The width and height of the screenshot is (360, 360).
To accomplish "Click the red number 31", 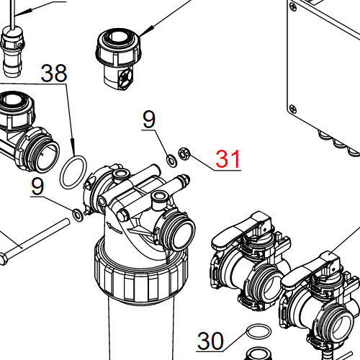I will tap(228, 159).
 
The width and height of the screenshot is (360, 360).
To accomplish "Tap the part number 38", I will tap(53, 73).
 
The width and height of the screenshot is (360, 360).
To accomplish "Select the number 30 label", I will tap(211, 340).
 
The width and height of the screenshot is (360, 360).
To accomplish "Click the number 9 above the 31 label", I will tap(149, 120).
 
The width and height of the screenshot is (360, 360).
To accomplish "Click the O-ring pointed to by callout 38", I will tap(73, 173).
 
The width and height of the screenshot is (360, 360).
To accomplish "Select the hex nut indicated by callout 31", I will tap(183, 153).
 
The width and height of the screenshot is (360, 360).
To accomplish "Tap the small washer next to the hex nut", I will tap(171, 159).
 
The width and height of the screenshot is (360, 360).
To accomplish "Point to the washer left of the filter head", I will tap(76, 213).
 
